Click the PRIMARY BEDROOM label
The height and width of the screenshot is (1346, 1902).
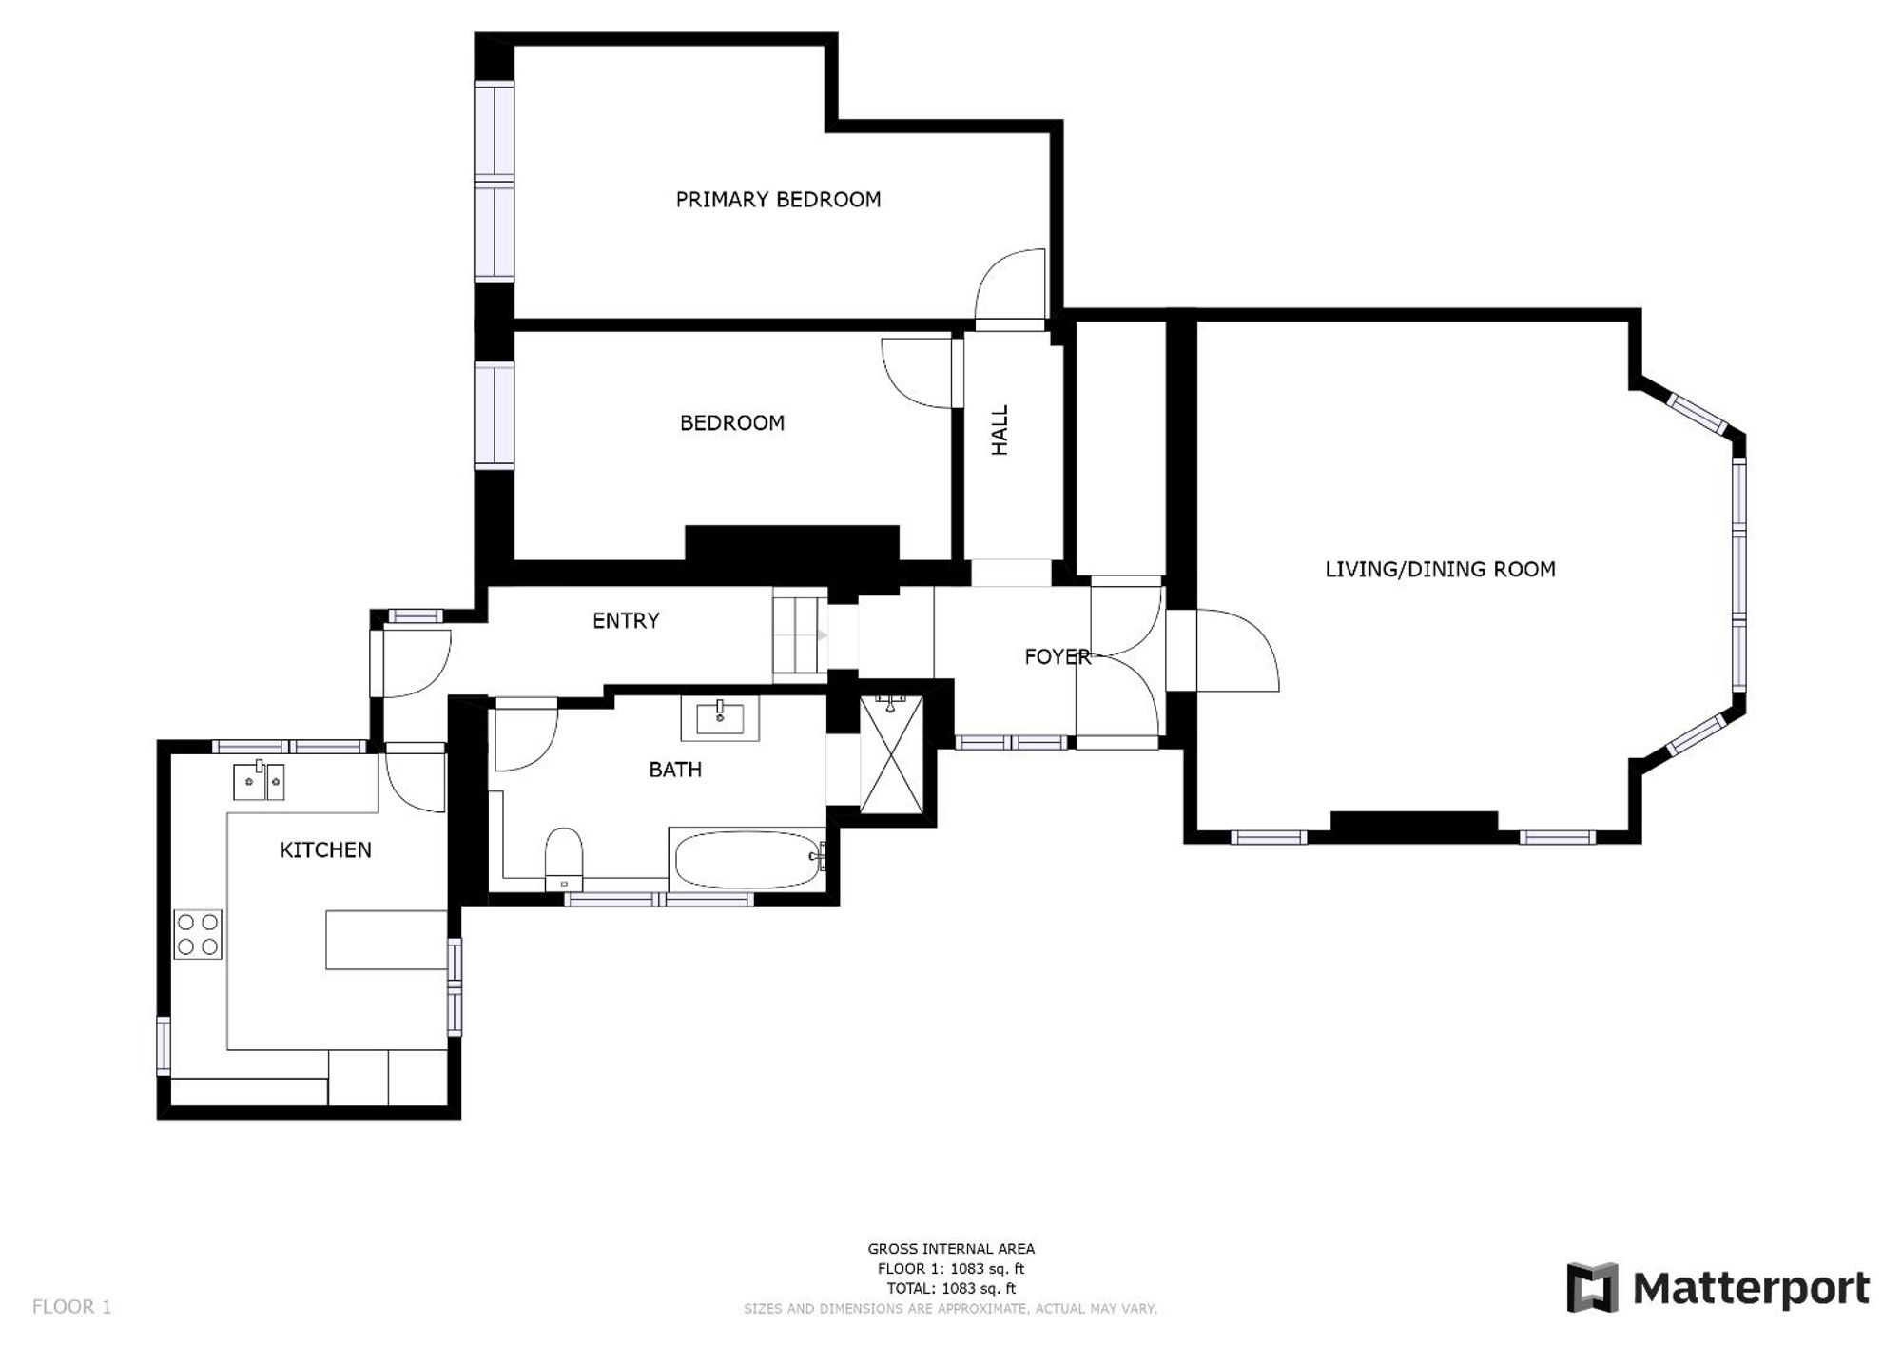[x=778, y=200]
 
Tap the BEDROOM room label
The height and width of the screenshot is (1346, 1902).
[x=732, y=423]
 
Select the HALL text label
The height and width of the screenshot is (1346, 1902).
[x=1000, y=430]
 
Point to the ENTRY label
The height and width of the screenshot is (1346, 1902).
[x=626, y=621]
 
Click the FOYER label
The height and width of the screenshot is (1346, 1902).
[x=1057, y=656]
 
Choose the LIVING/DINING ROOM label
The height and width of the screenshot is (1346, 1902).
[x=1440, y=570]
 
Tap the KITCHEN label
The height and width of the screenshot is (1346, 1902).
[x=325, y=850]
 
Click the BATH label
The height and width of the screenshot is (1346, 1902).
[x=675, y=770]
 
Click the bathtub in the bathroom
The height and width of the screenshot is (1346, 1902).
[x=748, y=860]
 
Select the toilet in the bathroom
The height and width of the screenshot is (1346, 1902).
[x=564, y=858]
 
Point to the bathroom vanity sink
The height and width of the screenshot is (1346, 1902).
[x=720, y=718]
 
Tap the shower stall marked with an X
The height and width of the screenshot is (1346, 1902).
[x=891, y=754]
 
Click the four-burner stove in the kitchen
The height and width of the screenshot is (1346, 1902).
[x=198, y=934]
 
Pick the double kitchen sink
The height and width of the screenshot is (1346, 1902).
[x=259, y=781]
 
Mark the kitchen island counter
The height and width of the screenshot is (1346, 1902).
[x=386, y=940]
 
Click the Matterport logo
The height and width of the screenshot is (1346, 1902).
[x=1718, y=1288]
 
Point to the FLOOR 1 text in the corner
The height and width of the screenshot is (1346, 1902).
[x=72, y=1307]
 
